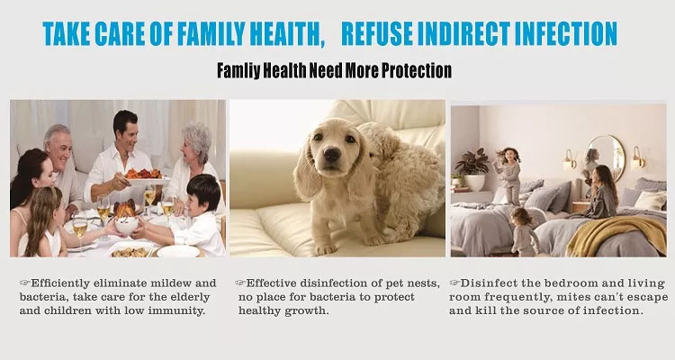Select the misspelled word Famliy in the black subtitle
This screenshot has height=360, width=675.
(x=238, y=70)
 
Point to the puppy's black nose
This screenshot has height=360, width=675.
(x=332, y=154)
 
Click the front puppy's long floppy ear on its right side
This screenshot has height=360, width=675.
(x=361, y=170)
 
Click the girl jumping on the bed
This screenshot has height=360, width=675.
(x=508, y=175)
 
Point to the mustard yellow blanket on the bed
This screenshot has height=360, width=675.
(x=616, y=235)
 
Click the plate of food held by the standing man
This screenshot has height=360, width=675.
(x=145, y=177)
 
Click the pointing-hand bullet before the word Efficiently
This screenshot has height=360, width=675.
(x=24, y=283)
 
